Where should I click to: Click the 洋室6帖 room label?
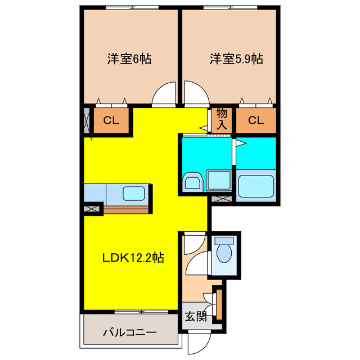click(x=130, y=58)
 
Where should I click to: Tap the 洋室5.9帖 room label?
click(x=237, y=58)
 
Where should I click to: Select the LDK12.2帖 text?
click(x=133, y=258)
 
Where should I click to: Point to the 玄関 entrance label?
click(x=195, y=316)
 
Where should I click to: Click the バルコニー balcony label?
click(x=129, y=332)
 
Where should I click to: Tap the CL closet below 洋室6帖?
click(x=111, y=120)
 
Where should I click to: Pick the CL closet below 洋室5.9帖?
click(x=256, y=120)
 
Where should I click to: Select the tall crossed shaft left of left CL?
click(x=87, y=120)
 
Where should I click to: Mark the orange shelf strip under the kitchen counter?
click(x=126, y=210)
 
